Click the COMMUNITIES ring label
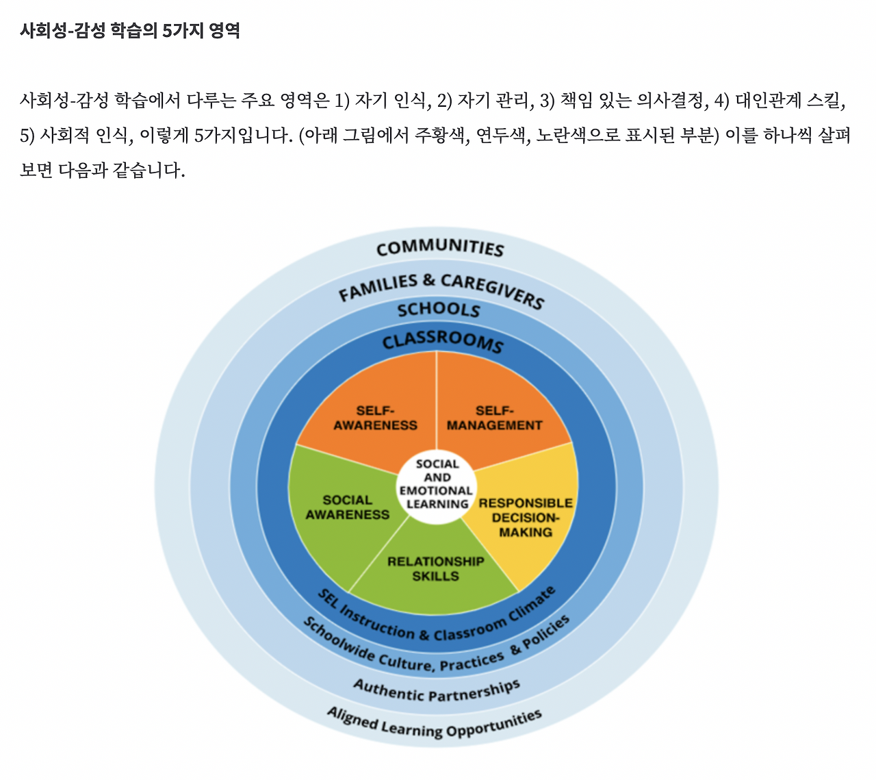[x=439, y=248]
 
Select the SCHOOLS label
[x=439, y=310]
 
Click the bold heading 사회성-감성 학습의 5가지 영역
[x=130, y=31]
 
